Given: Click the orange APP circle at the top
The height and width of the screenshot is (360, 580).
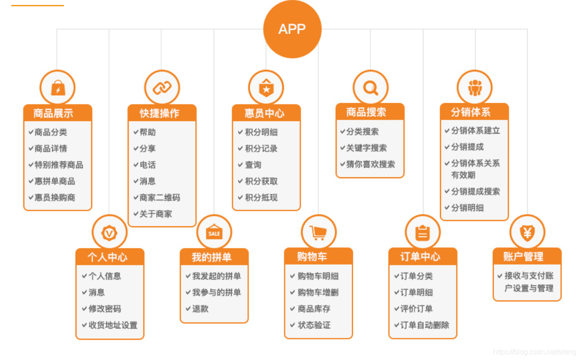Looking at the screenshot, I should point(292,29).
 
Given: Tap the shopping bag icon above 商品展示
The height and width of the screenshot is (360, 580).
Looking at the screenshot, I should point(58,88).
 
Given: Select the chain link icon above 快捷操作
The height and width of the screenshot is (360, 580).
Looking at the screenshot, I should point(162,88).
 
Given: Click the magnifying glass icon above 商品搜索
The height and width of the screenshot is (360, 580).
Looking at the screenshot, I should point(370,87).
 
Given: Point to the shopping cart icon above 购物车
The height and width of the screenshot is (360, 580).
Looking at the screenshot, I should point(318,232).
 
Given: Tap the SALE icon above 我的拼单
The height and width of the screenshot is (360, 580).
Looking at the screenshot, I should point(214,233).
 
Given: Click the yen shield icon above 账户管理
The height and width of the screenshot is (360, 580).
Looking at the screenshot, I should point(527,232).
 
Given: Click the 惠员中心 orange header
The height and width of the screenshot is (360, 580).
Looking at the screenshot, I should point(265,113).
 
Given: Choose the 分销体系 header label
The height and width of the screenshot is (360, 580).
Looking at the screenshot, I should point(472,112).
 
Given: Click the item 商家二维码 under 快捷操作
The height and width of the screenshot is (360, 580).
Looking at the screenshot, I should point(160,198).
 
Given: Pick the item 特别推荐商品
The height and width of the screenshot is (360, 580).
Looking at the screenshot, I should point(58,165).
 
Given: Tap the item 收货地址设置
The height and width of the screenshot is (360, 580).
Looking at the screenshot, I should point(112,325).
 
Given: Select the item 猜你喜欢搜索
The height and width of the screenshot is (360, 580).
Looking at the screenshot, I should point(370,164).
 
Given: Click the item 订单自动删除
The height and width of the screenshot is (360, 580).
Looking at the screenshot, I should point(424,325).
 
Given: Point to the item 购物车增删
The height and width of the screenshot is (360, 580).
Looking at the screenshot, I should point(318,292).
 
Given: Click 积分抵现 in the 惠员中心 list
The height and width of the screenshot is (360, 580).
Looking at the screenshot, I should point(261,198).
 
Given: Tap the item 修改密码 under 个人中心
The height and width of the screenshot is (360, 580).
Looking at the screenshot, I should point(104,309).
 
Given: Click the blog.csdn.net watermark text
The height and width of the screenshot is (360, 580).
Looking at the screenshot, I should point(534,352).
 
